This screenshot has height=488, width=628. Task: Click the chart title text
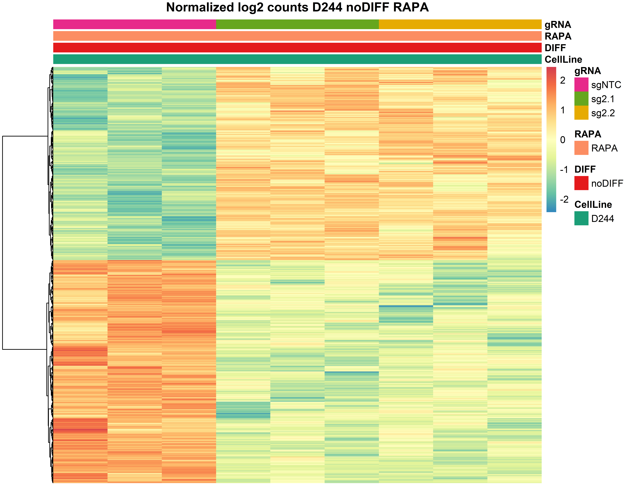[x=297, y=7]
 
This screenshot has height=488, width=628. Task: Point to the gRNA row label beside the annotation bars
[x=558, y=25]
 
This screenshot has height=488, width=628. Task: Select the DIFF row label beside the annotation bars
[x=555, y=48]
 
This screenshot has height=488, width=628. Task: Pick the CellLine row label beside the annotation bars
[x=563, y=59]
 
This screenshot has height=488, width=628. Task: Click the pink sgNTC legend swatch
[x=581, y=84]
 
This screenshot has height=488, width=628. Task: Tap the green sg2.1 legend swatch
[x=581, y=99]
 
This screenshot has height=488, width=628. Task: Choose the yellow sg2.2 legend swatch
[x=581, y=113]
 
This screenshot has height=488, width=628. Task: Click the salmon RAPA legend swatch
[x=581, y=148]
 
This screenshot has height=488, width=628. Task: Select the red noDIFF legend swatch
[x=581, y=183]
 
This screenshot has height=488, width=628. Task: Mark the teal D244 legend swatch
[x=581, y=218]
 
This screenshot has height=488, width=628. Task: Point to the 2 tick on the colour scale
[x=562, y=80]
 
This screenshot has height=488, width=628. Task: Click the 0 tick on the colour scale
[x=562, y=140]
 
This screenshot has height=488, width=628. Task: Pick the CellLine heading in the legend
[x=593, y=204]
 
